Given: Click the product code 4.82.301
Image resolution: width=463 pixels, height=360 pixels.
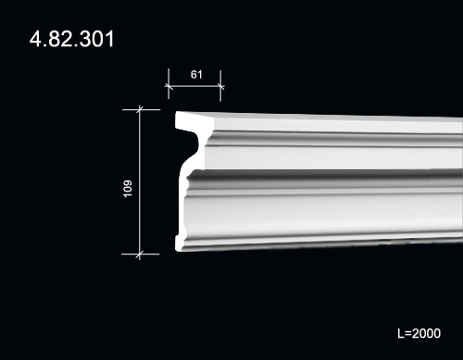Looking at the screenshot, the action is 71,39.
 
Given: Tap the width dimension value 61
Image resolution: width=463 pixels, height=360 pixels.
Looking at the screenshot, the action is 196,74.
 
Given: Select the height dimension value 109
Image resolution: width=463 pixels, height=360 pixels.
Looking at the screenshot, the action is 128,189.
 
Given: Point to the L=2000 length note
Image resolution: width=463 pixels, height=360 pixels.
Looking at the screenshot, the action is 419,333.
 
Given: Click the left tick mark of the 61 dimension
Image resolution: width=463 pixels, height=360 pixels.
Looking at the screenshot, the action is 169,86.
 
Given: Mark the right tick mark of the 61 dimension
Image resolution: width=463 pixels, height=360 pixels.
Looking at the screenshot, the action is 220,86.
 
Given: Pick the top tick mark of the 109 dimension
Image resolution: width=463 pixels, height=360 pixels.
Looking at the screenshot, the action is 140,109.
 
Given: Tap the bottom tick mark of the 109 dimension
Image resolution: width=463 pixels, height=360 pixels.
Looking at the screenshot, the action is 140,254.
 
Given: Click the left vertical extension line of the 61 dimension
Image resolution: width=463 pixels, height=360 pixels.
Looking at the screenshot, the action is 169,83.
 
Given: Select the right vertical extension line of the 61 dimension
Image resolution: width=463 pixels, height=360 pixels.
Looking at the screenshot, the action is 220,86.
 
